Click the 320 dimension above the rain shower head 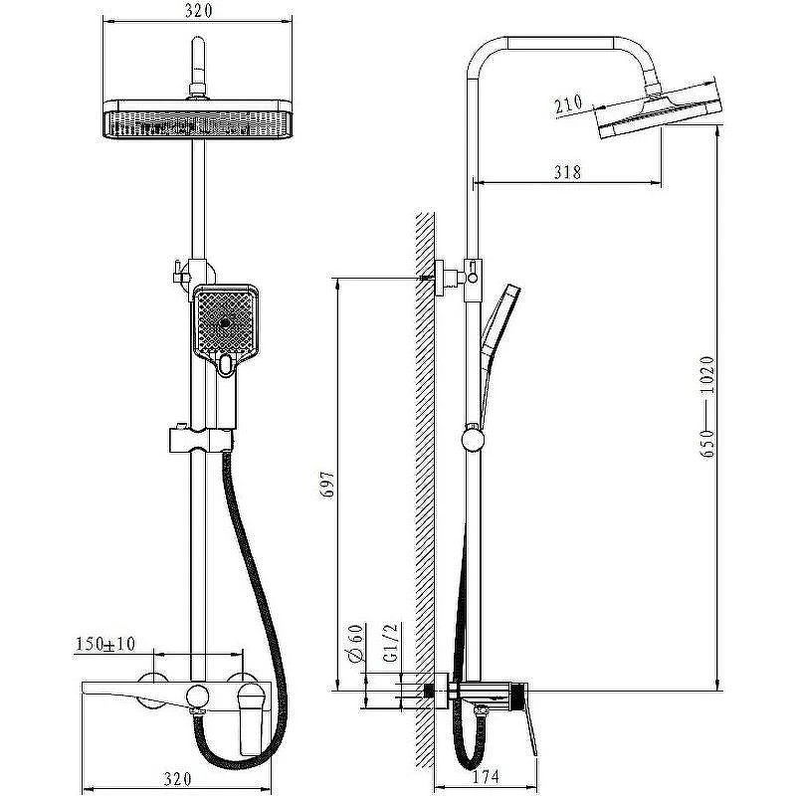click(x=198, y=11)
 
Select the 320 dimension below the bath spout click(x=178, y=779)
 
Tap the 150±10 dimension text click(x=105, y=644)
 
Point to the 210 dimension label click(x=568, y=104)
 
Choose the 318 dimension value click(x=567, y=172)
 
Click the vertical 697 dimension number click(x=328, y=485)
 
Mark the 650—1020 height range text click(x=707, y=407)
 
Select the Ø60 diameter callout click(x=357, y=643)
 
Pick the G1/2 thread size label click(x=390, y=643)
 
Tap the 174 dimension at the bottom click(x=486, y=777)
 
